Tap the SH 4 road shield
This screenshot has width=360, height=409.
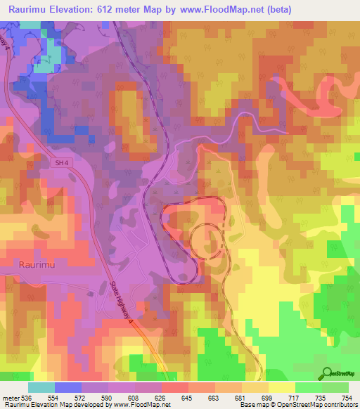coord(63,163)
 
